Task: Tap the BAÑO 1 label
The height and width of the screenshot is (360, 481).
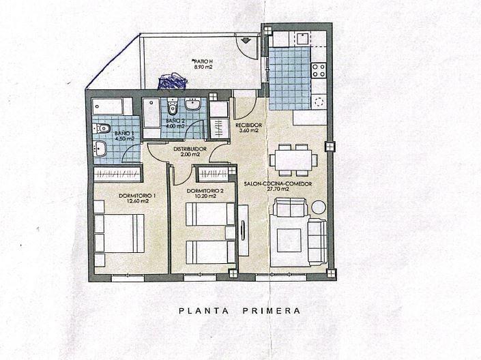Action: coord(124,133)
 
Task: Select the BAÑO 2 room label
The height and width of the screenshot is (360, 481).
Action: coord(175,121)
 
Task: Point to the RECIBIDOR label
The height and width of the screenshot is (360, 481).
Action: coord(249,125)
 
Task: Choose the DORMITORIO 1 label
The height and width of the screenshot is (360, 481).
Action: coord(137,196)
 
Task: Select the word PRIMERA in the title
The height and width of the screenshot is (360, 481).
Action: coord(271,311)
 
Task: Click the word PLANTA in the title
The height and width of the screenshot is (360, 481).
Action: coord(203,311)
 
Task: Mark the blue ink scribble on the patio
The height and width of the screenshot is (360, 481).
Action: coord(171,82)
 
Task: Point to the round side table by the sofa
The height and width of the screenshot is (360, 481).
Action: coord(319,207)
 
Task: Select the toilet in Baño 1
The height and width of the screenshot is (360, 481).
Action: coord(103,127)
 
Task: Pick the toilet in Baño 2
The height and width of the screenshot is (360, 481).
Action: coord(173,107)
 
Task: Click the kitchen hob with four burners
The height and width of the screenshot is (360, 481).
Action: coord(319,68)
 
